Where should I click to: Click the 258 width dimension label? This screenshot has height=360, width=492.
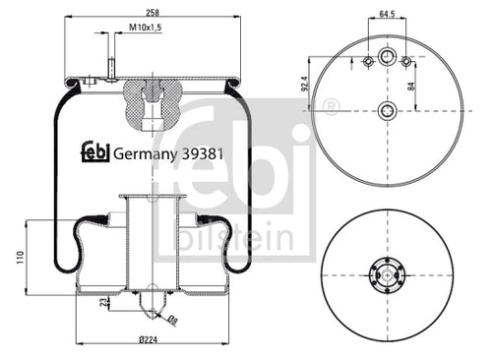(153, 13)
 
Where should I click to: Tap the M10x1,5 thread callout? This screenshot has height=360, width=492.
(146, 28)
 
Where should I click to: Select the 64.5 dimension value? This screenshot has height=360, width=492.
(387, 14)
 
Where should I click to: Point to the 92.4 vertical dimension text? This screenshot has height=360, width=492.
(305, 84)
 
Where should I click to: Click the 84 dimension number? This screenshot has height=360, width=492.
(411, 87)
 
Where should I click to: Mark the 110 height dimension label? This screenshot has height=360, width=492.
(21, 258)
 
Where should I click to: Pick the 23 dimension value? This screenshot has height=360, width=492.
(104, 302)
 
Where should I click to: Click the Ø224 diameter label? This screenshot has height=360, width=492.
(149, 339)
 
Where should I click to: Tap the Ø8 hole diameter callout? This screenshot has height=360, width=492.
(172, 321)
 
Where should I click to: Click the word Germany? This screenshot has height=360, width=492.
(145, 154)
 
